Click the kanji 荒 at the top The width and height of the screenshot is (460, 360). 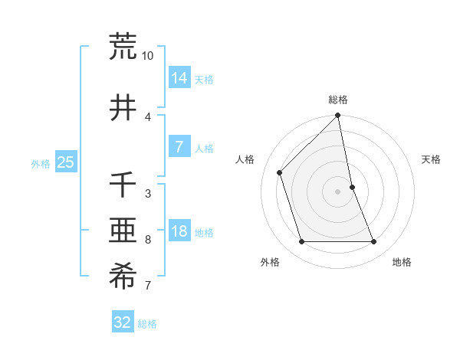pyautogui.click(x=123, y=47)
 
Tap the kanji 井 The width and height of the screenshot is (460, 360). pyautogui.click(x=123, y=107)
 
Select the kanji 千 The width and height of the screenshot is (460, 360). pyautogui.click(x=123, y=185)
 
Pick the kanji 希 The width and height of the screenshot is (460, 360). pyautogui.click(x=123, y=277)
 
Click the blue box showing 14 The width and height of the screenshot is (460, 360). pyautogui.click(x=179, y=77)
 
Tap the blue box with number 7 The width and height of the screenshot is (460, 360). pyautogui.click(x=179, y=146)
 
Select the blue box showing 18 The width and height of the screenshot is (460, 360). pyautogui.click(x=179, y=231)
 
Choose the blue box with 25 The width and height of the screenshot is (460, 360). pyautogui.click(x=66, y=162)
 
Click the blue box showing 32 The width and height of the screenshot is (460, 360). pyautogui.click(x=123, y=322)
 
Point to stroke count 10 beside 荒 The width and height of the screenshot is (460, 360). pyautogui.click(x=148, y=56)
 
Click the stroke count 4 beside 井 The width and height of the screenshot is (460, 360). pyautogui.click(x=148, y=117)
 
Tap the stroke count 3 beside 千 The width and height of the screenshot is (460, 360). pyautogui.click(x=148, y=194)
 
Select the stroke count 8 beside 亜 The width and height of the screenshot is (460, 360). pyautogui.click(x=148, y=240)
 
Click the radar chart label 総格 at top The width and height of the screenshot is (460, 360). pyautogui.click(x=338, y=100)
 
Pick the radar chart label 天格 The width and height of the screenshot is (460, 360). pyautogui.click(x=431, y=159)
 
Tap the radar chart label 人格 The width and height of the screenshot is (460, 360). pyautogui.click(x=245, y=159)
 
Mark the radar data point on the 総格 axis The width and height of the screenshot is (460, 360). pyautogui.click(x=338, y=116)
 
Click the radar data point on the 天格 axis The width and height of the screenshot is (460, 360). pyautogui.click(x=352, y=187)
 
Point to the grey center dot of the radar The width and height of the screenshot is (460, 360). pyautogui.click(x=338, y=191)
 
